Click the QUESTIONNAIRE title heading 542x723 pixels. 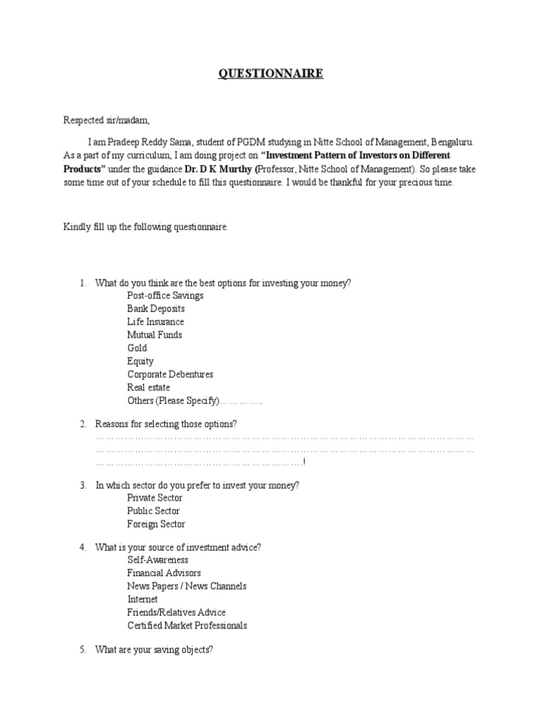tap(270, 74)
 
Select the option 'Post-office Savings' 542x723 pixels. tap(165, 296)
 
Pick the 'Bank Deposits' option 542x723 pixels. tap(156, 309)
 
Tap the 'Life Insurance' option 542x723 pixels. tap(155, 322)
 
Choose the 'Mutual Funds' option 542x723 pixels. tap(154, 335)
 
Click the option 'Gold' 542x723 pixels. tap(137, 348)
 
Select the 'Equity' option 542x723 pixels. tap(140, 361)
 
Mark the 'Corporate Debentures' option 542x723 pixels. tap(170, 374)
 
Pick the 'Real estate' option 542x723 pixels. tap(148, 387)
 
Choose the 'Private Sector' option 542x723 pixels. tap(155, 498)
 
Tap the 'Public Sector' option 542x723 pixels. tap(153, 510)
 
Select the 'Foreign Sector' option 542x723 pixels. tap(156, 524)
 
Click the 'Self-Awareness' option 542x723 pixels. tap(157, 560)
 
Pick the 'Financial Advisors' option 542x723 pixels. tap(164, 573)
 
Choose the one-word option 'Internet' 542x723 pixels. tap(143, 599)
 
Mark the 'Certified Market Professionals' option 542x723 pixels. tap(187, 626)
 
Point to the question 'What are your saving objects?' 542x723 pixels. tap(154, 650)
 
